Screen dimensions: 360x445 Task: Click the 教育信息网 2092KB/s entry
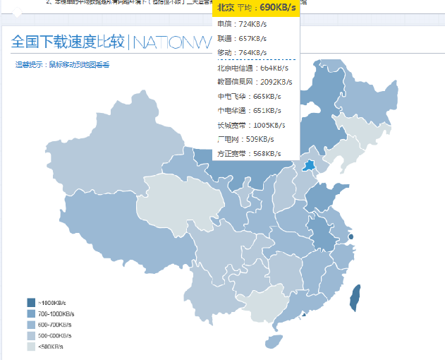251,82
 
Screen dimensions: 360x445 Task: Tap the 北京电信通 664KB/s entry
251,68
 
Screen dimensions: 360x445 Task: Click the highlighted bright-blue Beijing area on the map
309,165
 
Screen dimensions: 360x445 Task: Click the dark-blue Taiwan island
355,298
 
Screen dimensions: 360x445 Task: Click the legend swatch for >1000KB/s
31,302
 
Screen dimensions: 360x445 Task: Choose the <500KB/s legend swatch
31,347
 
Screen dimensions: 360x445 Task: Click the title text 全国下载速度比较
68,43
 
